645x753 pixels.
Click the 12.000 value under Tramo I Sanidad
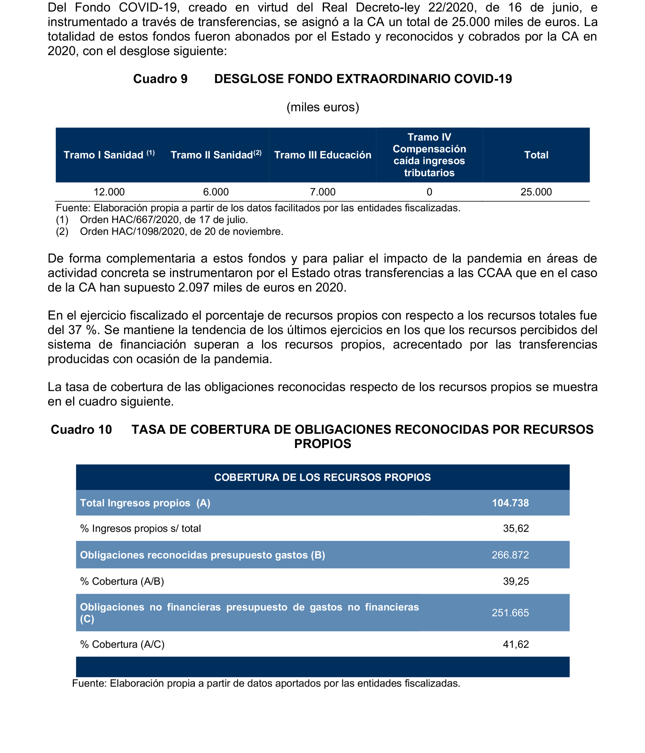tap(109, 192)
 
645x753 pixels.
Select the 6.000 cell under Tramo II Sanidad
tap(216, 192)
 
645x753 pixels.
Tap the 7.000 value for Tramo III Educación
tap(322, 192)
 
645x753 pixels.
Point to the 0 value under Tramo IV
tap(429, 192)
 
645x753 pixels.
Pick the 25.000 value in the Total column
tap(536, 192)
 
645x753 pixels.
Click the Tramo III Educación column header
tap(322, 155)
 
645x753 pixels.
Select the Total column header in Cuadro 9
tap(536, 155)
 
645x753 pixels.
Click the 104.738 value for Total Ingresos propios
tap(510, 503)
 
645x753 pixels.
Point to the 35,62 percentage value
tap(516, 528)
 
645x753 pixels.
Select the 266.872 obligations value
tap(510, 555)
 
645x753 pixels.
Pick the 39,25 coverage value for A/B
tap(516, 582)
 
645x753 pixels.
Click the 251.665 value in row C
tap(510, 613)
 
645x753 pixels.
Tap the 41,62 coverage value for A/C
tap(516, 644)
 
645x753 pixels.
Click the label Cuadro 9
tap(160, 79)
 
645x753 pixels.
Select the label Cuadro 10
tap(81, 429)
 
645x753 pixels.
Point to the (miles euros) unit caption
tap(322, 107)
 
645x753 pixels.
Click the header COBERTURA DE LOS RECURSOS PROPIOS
tap(322, 477)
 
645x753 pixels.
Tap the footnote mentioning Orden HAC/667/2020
tap(164, 220)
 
